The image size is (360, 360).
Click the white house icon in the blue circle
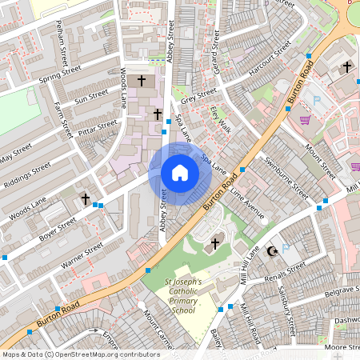pyautogui.click(x=179, y=173)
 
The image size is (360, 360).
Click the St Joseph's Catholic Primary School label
pyautogui.click(x=183, y=296)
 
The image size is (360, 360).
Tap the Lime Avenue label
pyautogui.click(x=246, y=205)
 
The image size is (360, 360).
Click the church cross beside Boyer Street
pyautogui.click(x=86, y=198)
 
